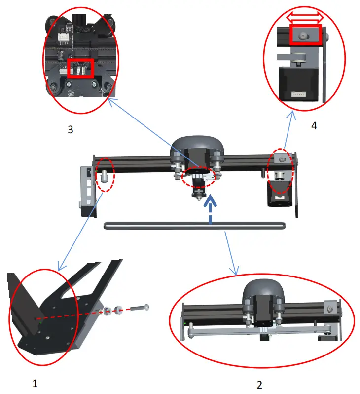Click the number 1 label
[x=35, y=382]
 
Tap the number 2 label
[x=259, y=384]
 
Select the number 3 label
[x=70, y=129]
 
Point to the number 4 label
[x=314, y=125]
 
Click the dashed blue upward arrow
[x=211, y=210]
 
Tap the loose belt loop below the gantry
[x=195, y=226]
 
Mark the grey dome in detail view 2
[x=262, y=295]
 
